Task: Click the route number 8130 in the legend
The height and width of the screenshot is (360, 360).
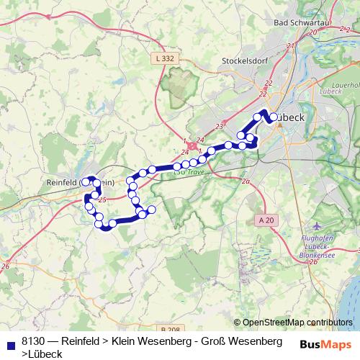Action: [34, 341]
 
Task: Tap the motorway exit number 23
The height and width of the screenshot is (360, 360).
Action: [220, 126]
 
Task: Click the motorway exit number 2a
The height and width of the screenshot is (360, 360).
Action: [246, 181]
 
